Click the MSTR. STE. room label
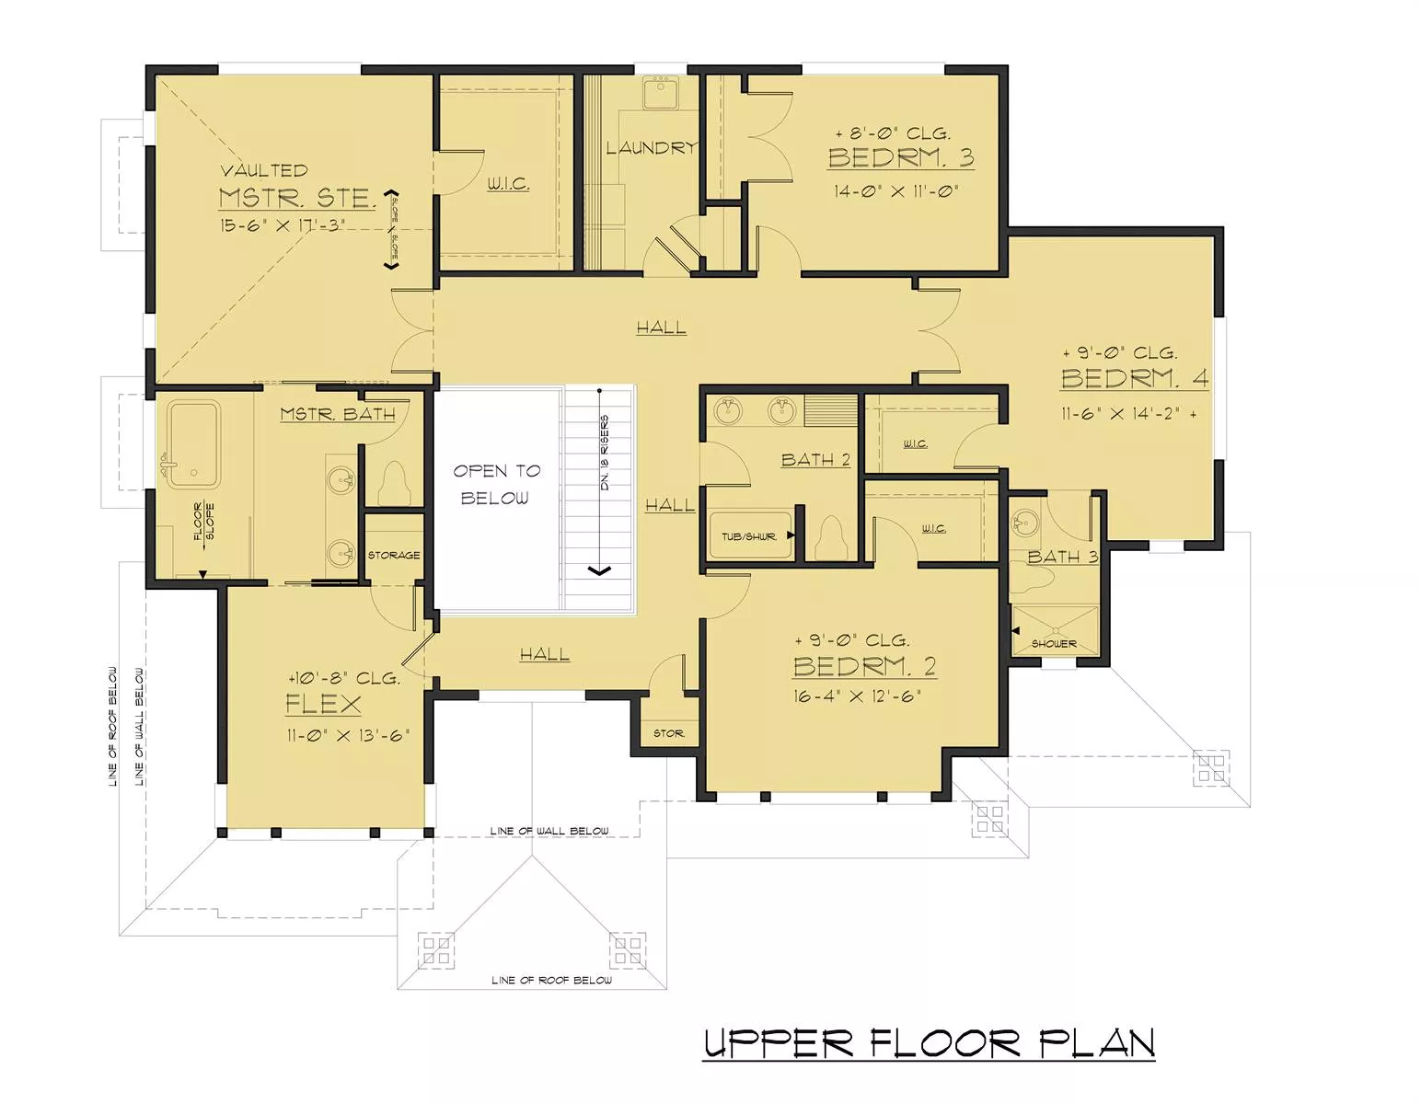(297, 198)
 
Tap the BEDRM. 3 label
(901, 157)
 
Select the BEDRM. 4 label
(1135, 378)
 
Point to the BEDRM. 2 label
(864, 666)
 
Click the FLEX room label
(323, 704)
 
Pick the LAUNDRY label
(652, 148)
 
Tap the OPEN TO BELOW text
(496, 484)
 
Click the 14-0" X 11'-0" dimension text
(895, 191)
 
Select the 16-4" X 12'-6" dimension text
(858, 696)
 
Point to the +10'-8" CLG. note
(344, 678)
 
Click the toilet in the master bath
(394, 483)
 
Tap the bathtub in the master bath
(193, 444)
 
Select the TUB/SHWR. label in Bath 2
(749, 536)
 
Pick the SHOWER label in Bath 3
(1054, 644)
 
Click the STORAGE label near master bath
(394, 555)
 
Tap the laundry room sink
(661, 92)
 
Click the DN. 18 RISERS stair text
(605, 453)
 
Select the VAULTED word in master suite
(264, 170)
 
